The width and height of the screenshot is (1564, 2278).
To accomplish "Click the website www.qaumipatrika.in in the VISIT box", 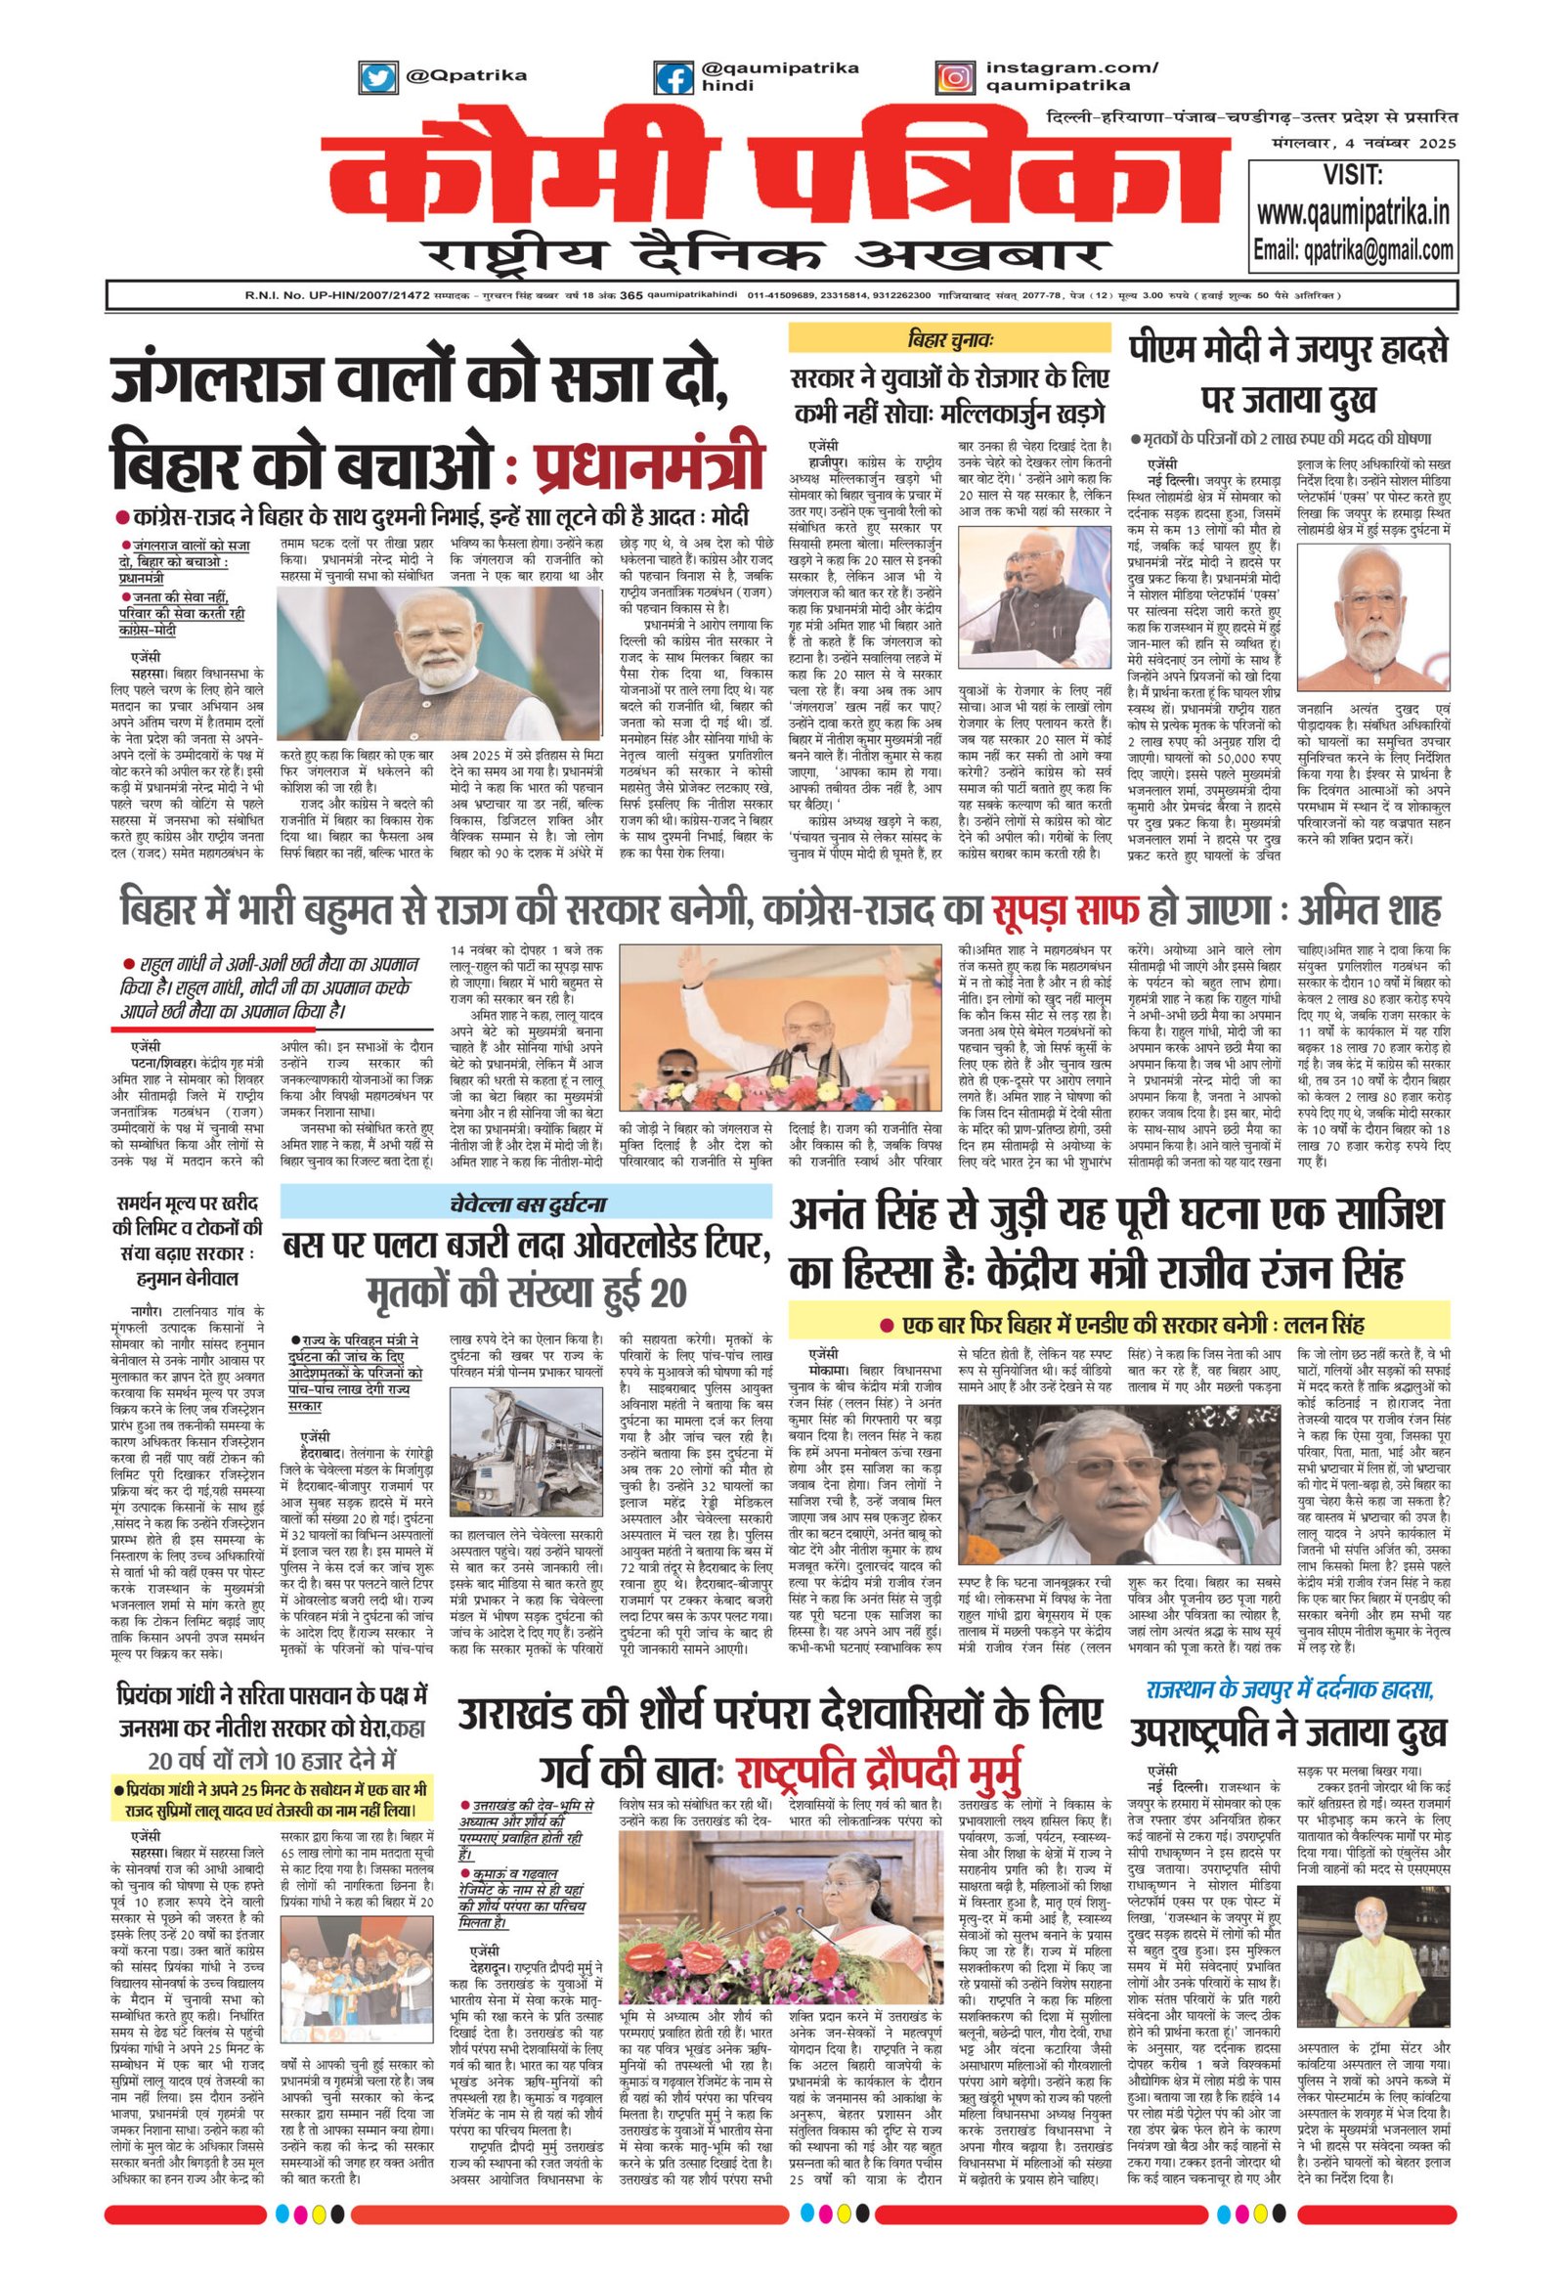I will coord(1353,212).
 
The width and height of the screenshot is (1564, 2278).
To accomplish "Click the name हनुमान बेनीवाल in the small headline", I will coord(187,1278).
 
